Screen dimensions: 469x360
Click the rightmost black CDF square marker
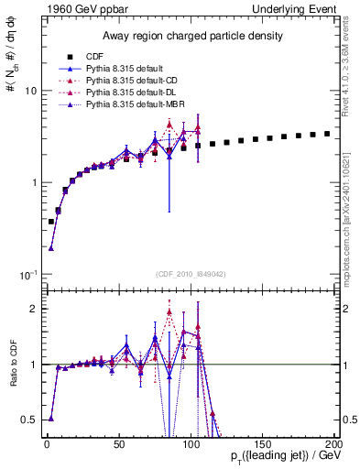click(x=327, y=134)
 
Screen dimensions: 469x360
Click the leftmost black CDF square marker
click(x=51, y=222)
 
